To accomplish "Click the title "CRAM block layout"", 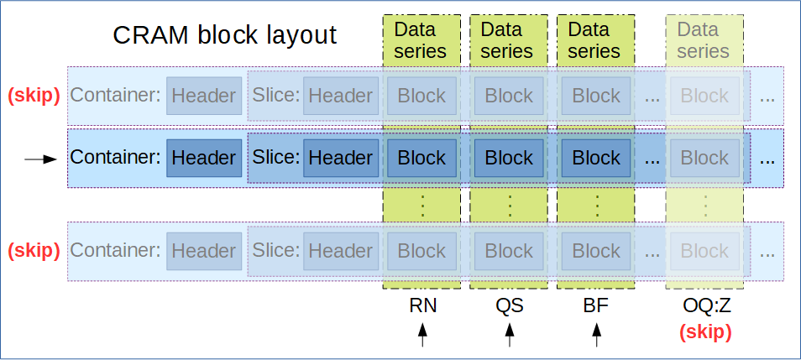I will point(225,35).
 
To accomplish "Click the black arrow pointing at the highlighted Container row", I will point(39,159).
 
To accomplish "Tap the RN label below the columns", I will point(422,306).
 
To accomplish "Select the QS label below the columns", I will point(510,306).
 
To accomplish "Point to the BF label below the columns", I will point(596,306).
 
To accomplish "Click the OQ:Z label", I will point(704,306).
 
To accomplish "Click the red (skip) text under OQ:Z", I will point(704,331).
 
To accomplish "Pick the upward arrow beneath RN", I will point(422,336).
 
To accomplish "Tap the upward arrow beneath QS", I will point(510,336).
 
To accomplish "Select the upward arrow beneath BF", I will point(597,336).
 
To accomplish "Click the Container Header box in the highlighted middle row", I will point(203,158).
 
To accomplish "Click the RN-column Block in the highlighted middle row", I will point(421,158).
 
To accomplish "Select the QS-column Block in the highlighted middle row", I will point(509,158).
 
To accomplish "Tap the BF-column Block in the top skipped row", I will point(596,96).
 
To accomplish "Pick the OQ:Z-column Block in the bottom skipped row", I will point(704,251).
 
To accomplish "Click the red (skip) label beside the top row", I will point(34,96).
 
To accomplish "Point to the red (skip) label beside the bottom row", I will point(34,251).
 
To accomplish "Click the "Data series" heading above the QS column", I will point(508,40).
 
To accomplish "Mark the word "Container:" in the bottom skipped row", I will point(115,251).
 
